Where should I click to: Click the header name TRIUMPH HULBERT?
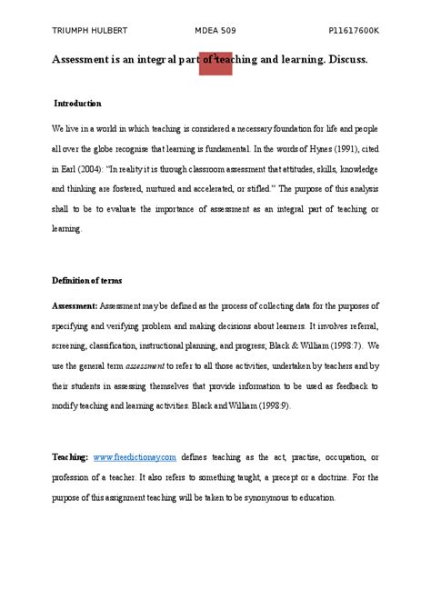pos(88,31)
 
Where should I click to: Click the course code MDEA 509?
pos(216,31)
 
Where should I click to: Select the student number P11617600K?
pos(354,31)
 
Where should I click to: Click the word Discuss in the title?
pos(346,59)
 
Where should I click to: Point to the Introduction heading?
pos(77,104)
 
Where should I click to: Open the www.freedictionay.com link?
pos(134,457)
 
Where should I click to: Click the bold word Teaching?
pos(70,457)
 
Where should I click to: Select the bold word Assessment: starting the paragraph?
pos(74,305)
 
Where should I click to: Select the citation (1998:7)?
pos(349,346)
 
